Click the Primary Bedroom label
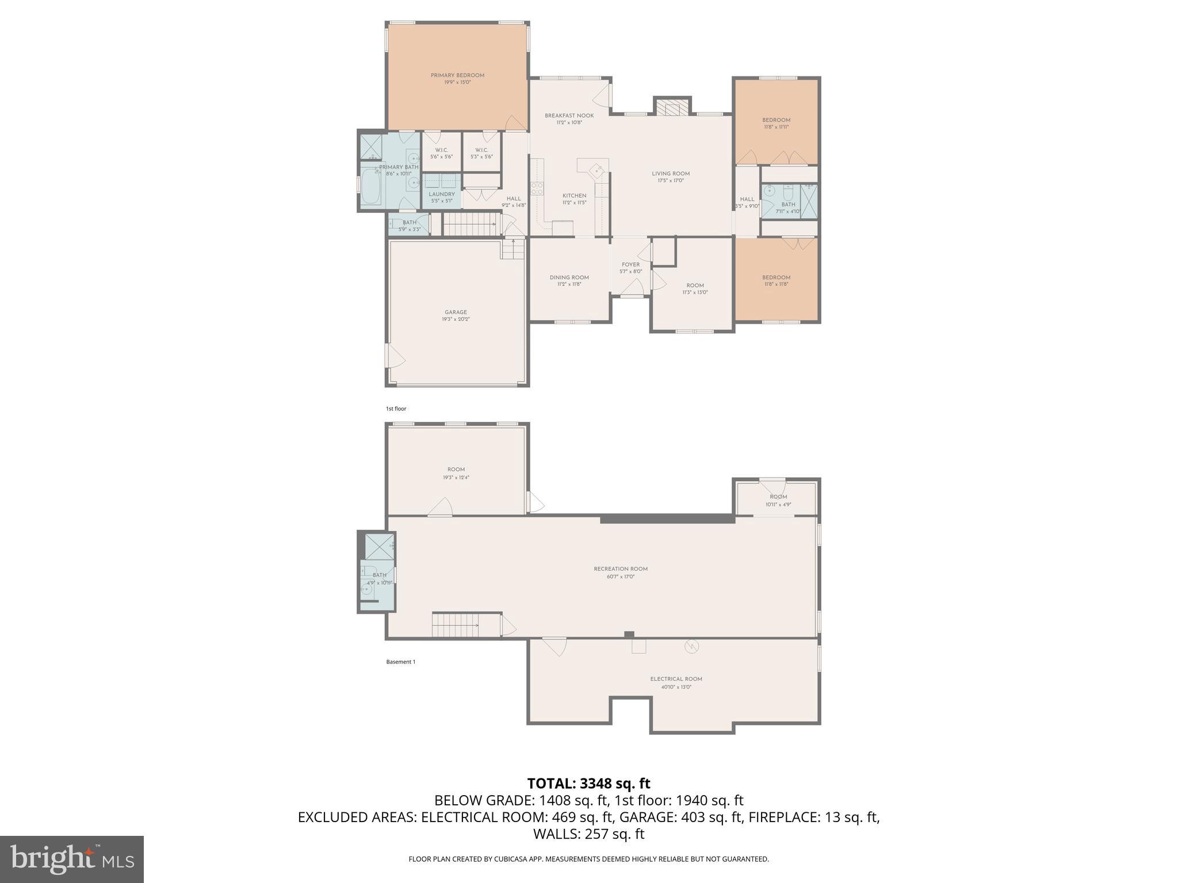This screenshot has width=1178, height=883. [457, 75]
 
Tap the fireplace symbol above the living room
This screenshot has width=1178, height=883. [672, 108]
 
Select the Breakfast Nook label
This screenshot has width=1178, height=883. [569, 116]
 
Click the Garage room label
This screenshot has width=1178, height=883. [456, 312]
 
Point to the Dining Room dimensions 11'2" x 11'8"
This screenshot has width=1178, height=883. [569, 284]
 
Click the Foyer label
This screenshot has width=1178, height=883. [630, 264]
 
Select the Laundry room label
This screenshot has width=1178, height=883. [442, 194]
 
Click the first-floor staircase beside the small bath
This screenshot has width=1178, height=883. [469, 224]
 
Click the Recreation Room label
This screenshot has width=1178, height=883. [621, 569]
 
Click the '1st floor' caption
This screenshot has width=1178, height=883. [396, 409]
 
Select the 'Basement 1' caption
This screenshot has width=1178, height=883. [400, 662]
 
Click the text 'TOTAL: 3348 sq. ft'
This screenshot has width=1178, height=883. [588, 783]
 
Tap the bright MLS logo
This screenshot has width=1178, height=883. [72, 859]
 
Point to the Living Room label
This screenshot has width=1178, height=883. [671, 174]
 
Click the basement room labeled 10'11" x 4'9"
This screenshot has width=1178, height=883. [778, 500]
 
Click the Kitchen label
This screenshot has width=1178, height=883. [574, 195]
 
